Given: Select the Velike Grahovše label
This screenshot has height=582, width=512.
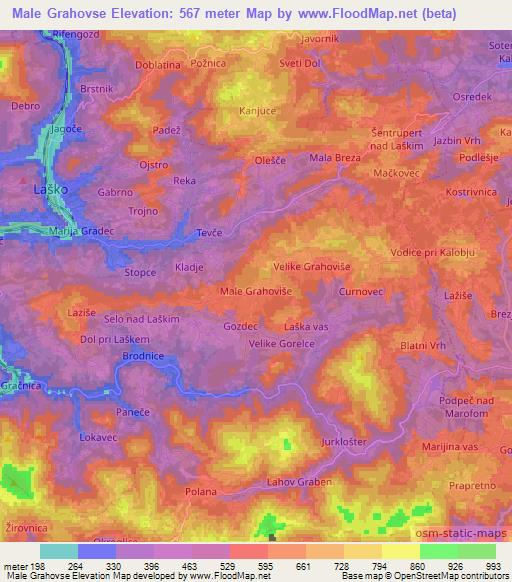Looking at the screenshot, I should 311,267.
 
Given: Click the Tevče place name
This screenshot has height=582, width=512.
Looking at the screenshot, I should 208,231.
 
